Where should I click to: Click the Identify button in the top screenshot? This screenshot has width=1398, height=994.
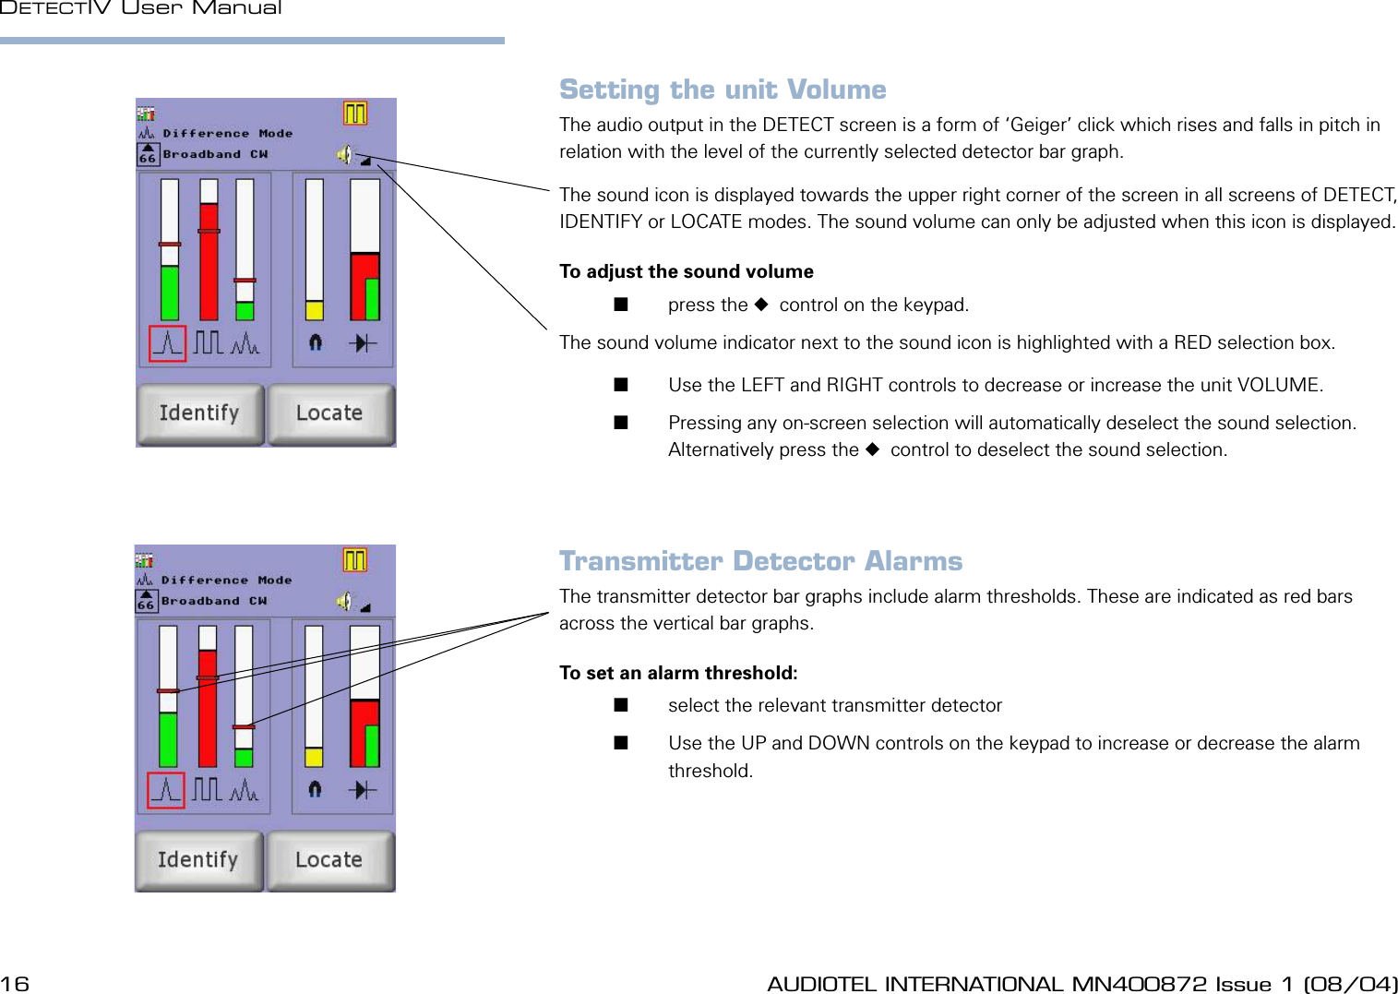[x=200, y=414]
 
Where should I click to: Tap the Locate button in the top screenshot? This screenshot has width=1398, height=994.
[x=330, y=414]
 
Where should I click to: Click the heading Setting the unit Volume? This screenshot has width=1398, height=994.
[x=723, y=90]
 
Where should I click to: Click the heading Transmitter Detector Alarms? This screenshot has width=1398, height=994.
[x=760, y=561]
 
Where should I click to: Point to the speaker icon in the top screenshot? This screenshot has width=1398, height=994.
[x=344, y=154]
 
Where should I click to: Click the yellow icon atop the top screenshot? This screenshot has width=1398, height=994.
[x=355, y=113]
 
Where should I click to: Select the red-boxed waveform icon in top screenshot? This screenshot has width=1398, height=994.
[x=168, y=343]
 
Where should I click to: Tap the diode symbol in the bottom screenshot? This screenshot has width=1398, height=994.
[x=364, y=790]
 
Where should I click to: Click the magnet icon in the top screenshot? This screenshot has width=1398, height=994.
[x=316, y=342]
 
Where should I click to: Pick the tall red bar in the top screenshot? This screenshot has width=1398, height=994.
[x=209, y=263]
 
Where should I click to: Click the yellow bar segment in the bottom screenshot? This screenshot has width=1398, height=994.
[x=314, y=757]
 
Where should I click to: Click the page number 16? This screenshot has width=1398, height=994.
[x=15, y=984]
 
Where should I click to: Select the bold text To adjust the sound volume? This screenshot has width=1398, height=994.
[x=686, y=271]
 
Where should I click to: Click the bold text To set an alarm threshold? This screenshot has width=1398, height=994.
[x=678, y=673]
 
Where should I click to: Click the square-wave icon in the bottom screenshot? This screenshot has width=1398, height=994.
[x=207, y=790]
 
